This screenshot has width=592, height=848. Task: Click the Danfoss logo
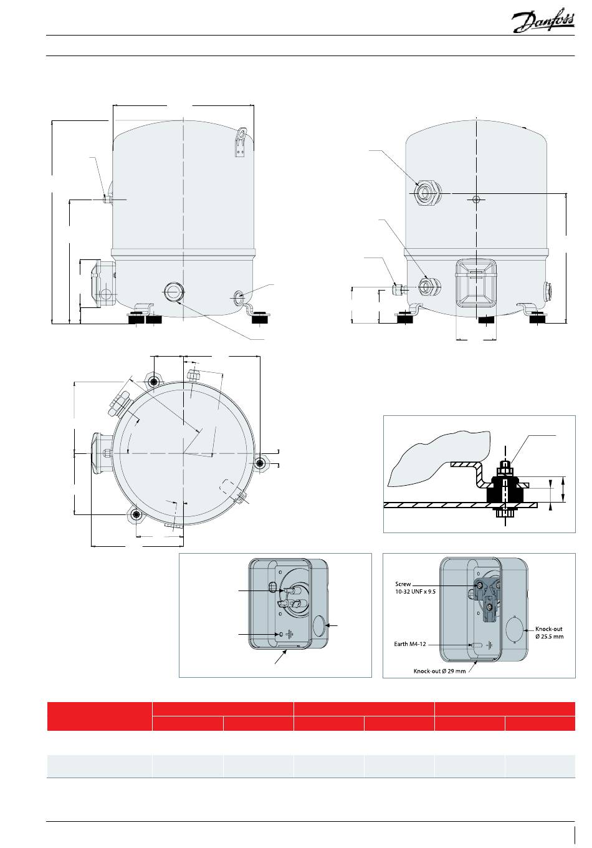coord(543,20)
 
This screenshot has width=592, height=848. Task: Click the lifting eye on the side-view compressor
coord(240,142)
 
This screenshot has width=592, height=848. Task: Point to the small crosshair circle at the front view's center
coord(476,199)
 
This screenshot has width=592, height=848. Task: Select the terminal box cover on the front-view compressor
coord(476,282)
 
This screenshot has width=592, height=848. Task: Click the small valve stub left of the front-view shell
coord(398,289)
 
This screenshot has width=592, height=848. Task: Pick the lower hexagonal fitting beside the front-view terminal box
coord(429,286)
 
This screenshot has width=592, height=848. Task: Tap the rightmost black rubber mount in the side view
coord(261,318)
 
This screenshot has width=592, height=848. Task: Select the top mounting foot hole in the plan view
coord(153,382)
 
